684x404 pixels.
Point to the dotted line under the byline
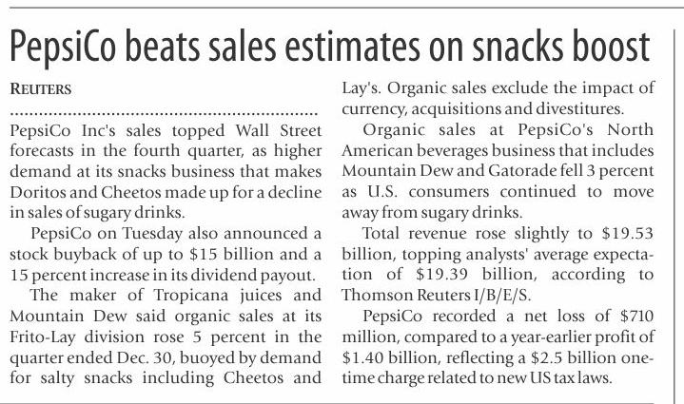[x=162, y=113]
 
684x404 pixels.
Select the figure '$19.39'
[x=415, y=276]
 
